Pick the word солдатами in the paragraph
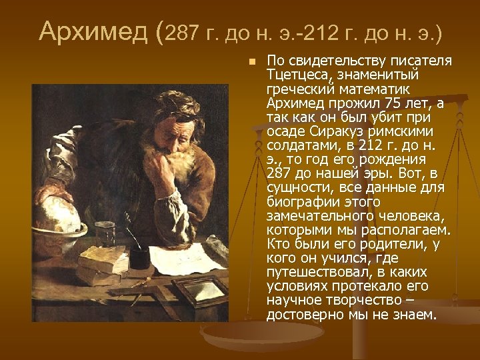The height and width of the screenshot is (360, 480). click(298, 146)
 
